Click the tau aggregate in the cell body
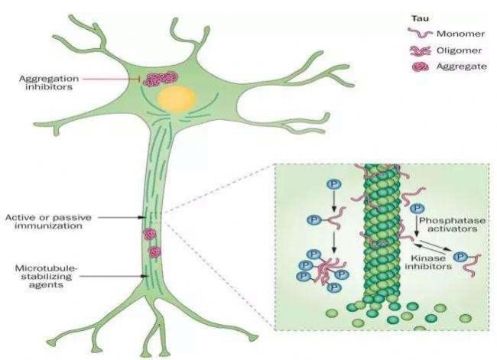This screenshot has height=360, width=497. coord(161,78)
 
